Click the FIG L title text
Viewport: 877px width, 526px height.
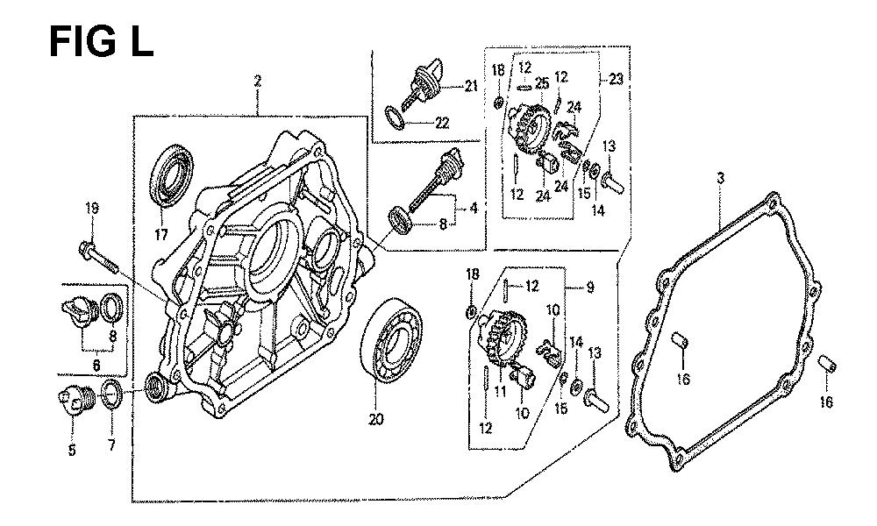pos(101,40)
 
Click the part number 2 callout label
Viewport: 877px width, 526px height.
pos(258,82)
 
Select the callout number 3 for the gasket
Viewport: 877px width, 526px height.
pos(720,179)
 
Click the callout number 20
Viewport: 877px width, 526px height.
pos(376,420)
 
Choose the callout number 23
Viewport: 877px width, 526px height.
pos(617,79)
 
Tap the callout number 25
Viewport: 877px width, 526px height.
pos(542,83)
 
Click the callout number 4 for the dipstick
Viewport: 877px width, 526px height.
pos(474,209)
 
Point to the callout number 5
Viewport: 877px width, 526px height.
pos(72,451)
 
